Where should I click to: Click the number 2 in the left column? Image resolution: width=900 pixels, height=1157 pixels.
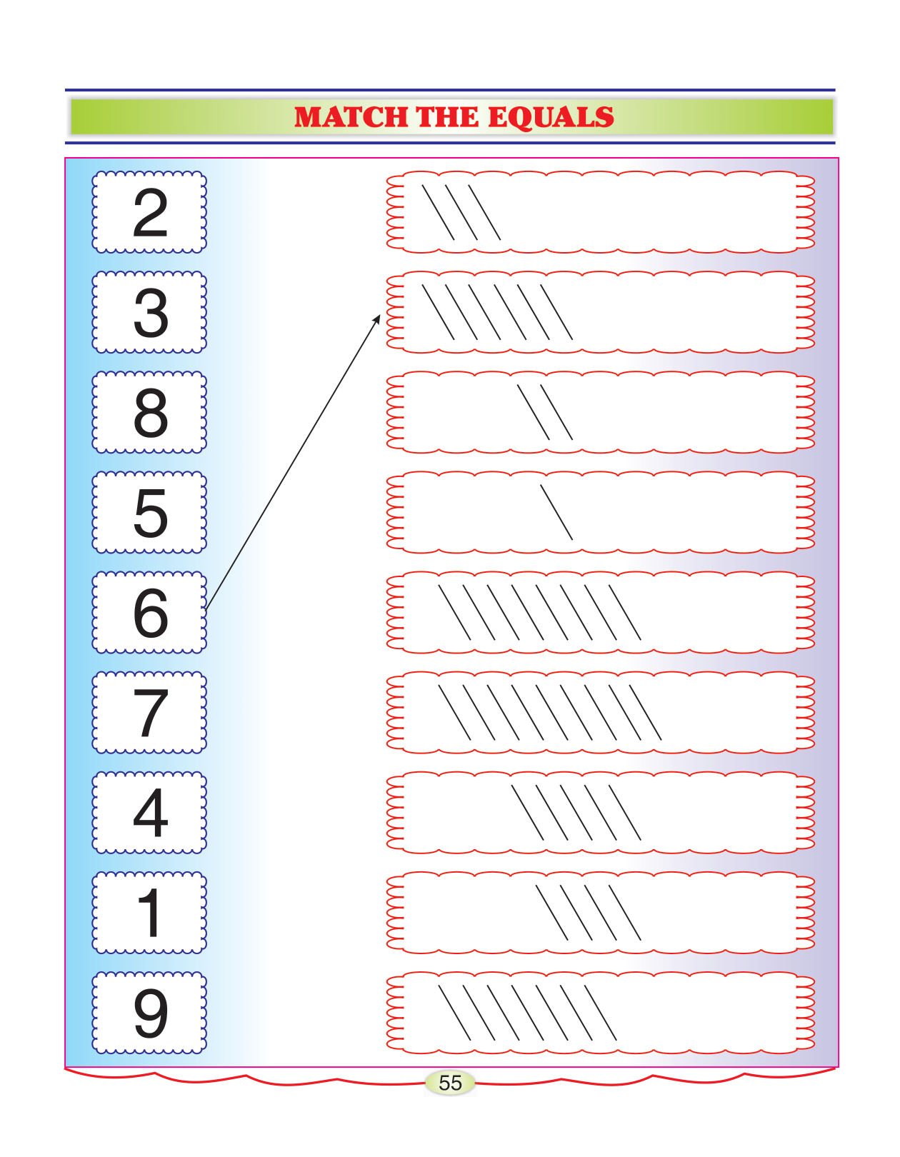coord(150,213)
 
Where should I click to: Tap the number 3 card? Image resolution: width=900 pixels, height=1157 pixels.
coord(150,313)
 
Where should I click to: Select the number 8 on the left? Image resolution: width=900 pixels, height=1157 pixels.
coord(150,413)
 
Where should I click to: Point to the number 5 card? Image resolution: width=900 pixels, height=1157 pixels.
coord(150,513)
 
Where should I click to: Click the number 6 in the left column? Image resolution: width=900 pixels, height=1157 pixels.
coord(150,613)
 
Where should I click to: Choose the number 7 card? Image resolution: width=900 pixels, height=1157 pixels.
coord(150,713)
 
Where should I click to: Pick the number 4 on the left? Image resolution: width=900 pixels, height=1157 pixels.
coord(150,813)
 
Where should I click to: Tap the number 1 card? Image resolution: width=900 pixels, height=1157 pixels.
coord(150,913)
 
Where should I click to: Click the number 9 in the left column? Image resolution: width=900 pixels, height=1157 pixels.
coord(150,1013)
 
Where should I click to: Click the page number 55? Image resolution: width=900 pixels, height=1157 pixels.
coord(450,1083)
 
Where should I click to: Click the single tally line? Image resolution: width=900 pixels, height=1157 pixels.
coord(556,512)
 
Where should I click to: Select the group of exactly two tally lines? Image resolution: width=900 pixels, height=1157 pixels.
coord(545,412)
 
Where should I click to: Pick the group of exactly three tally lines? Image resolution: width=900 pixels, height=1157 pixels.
coord(461,212)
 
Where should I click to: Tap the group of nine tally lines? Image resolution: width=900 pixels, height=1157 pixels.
coord(549,712)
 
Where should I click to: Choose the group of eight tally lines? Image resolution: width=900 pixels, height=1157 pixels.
coord(539,612)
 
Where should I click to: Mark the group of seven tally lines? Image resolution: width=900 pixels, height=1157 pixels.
coord(527,1012)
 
